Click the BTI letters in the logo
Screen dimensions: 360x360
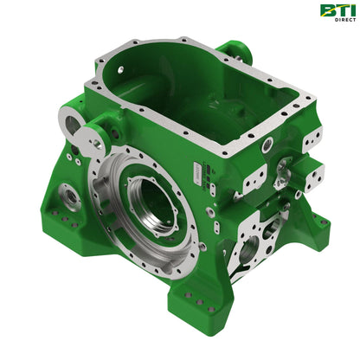[x=337, y=10]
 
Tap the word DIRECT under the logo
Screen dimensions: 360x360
[x=345, y=20]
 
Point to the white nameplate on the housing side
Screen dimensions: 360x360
[x=197, y=177]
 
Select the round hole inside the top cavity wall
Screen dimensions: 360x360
[x=120, y=69]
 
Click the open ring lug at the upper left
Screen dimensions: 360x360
[x=70, y=123]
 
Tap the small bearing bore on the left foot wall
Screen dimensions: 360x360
[x=70, y=197]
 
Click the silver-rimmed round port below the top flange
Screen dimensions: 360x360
[x=268, y=145]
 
